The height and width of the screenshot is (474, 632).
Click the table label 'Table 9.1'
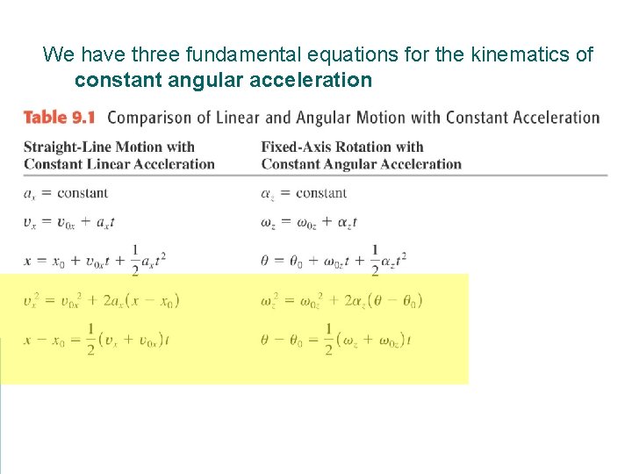[59, 118]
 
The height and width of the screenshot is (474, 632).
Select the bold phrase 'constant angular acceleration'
[223, 81]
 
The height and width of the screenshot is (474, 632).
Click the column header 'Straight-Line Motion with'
[109, 147]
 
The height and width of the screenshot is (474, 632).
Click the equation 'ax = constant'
[66, 193]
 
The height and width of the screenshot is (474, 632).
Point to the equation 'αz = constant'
[304, 193]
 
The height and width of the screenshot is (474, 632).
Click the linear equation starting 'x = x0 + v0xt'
[95, 259]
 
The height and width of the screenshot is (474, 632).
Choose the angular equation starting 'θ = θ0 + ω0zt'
[334, 259]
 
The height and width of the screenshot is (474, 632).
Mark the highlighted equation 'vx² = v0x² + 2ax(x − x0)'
[102, 300]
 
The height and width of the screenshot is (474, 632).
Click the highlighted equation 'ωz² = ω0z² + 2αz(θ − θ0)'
[341, 300]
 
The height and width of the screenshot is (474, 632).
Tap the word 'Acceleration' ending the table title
[557, 118]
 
